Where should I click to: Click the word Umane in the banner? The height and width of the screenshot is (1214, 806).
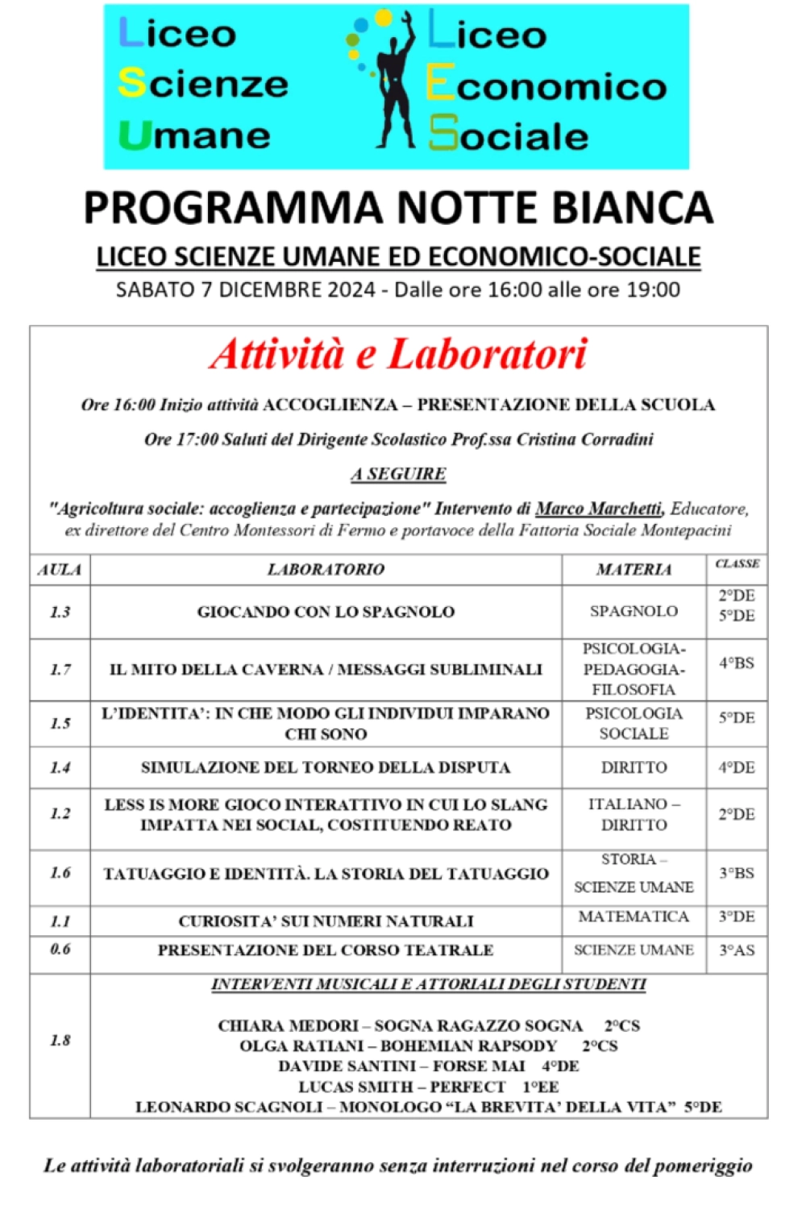coord(196,135)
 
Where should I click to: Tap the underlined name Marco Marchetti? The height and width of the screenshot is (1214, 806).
coord(599,509)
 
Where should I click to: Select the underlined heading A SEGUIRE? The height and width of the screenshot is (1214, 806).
coord(398,474)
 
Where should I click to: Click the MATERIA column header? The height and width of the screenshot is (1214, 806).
coord(634,570)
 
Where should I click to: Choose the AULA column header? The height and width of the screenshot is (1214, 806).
coord(60,570)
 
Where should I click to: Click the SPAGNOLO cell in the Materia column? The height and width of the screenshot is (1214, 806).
coord(634,611)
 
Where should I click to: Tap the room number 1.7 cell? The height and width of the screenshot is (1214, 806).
coord(60,669)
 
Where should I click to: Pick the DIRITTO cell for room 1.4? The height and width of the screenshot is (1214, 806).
coord(634,767)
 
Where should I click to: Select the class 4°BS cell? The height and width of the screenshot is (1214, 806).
coord(736,663)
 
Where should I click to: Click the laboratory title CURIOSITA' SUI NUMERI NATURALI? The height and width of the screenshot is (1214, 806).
coord(326,921)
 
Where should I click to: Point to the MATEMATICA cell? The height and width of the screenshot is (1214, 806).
coord(634,917)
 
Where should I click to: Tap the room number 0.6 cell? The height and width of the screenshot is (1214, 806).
coord(60,949)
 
